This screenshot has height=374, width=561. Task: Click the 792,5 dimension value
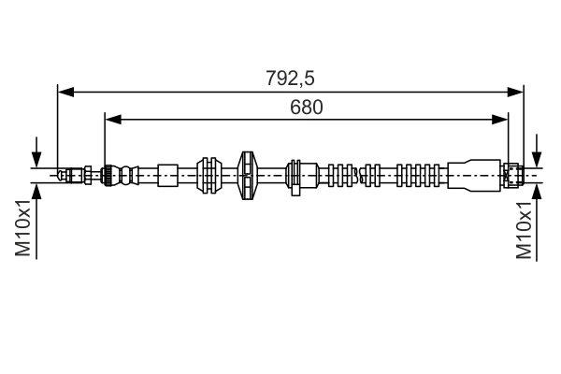pyautogui.click(x=289, y=79)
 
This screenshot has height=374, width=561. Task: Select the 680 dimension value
pyautogui.click(x=306, y=107)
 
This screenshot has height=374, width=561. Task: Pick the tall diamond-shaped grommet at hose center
pyautogui.click(x=248, y=175)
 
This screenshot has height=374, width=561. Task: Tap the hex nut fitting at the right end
pyautogui.click(x=511, y=175)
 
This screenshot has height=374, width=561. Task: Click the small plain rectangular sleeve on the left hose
pyautogui.click(x=167, y=175)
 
